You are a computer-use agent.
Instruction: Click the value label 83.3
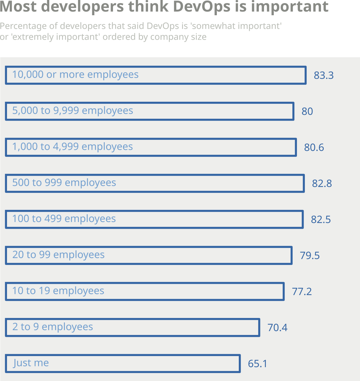point(323,75)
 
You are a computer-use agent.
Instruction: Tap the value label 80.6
point(314,147)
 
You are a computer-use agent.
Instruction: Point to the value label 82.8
point(322,183)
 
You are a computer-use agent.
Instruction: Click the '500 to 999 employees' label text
point(64,183)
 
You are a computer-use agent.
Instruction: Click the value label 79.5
point(309,256)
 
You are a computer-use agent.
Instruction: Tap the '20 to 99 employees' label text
point(58,255)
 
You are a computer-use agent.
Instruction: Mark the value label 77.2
point(302,291)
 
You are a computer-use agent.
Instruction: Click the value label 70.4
point(277,327)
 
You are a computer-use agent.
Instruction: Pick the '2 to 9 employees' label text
point(52,327)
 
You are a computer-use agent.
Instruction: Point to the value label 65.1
point(257,364)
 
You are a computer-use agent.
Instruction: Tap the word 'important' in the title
point(289,7)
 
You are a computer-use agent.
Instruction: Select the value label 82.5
point(320,220)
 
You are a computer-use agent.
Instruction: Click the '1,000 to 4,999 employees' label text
point(72,147)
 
